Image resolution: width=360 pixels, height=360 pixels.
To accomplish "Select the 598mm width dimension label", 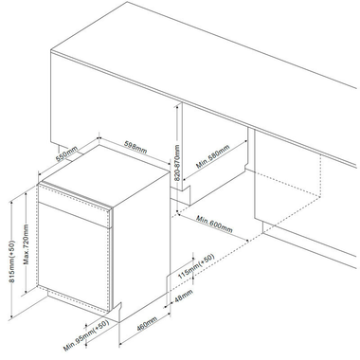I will (135, 149).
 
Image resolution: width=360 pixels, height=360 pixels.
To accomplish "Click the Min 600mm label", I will (215, 228).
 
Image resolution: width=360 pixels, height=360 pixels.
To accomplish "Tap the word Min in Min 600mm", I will (202, 222).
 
